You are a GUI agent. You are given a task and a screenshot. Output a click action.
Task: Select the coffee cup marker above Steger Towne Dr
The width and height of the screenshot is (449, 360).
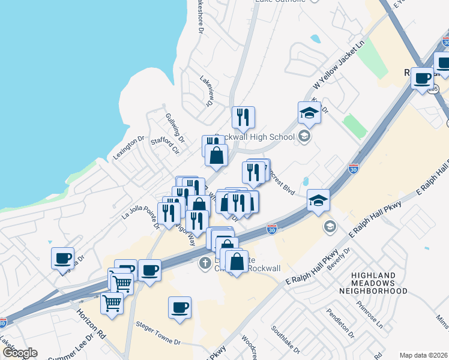[179, 308]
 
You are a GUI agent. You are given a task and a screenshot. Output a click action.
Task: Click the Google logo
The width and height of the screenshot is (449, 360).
[20, 353]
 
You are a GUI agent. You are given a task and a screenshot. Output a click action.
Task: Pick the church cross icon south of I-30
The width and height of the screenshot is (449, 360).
[204, 263]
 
